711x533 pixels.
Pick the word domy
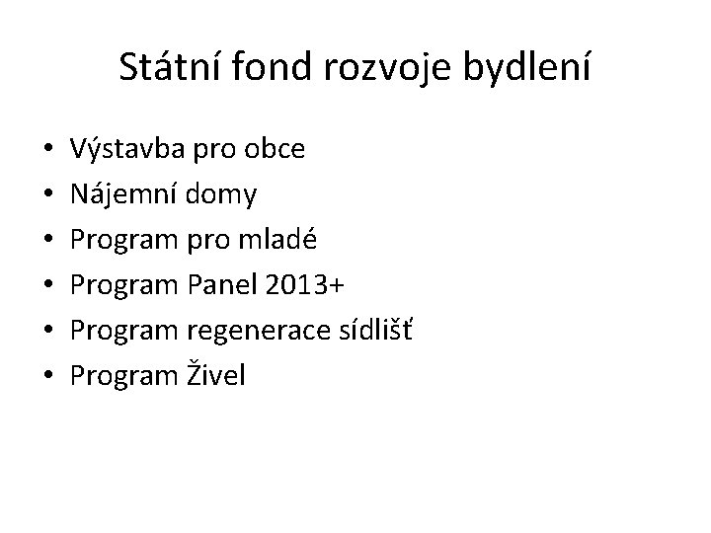coord(227,195)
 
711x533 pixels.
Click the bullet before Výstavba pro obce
coord(48,151)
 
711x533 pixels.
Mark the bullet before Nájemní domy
coord(48,195)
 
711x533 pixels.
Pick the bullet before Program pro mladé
coord(48,241)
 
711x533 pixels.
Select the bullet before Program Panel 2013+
coord(48,285)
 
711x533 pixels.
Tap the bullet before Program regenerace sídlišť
coord(48,330)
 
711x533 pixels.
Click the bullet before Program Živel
coord(48,375)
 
